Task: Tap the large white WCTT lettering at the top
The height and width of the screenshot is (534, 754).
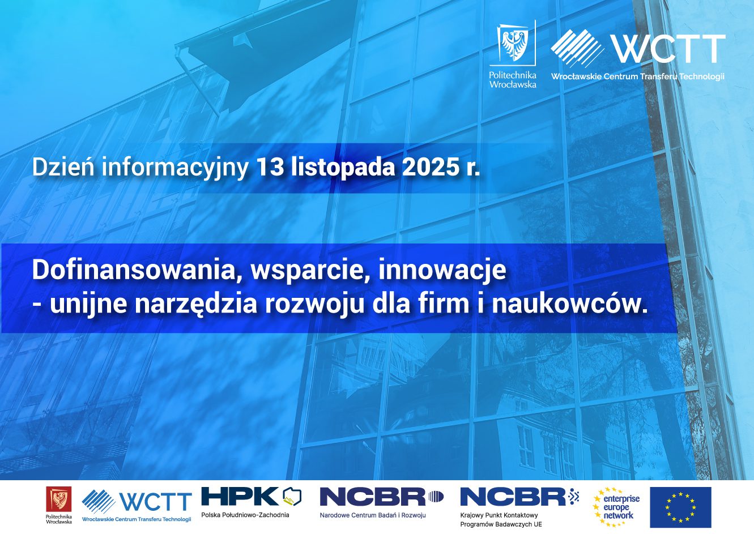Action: tap(668, 49)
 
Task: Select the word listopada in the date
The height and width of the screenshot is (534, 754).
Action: tap(343, 168)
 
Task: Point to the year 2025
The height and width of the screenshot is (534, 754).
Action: tap(430, 167)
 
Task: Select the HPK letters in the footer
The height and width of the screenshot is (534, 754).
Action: tap(240, 496)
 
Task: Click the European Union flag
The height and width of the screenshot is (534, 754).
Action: tap(680, 507)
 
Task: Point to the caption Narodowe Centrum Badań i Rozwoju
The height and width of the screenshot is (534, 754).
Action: tap(373, 515)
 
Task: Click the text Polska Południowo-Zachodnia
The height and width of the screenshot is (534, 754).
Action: tap(245, 515)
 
